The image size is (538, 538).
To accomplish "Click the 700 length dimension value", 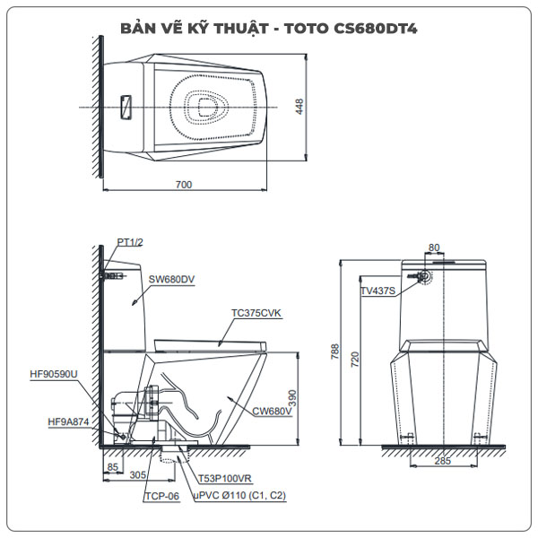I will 183,185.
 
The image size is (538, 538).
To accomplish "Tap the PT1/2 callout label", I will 131,242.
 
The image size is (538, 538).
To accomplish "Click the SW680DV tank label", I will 172,279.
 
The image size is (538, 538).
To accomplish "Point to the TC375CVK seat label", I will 256,313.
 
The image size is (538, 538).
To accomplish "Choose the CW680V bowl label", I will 272,411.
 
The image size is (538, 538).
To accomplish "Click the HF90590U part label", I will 54,374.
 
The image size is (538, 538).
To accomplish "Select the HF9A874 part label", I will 69,421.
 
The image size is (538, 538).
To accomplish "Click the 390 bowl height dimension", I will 302,395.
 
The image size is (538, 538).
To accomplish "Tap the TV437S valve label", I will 377,291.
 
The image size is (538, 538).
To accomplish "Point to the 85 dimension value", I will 112,466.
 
